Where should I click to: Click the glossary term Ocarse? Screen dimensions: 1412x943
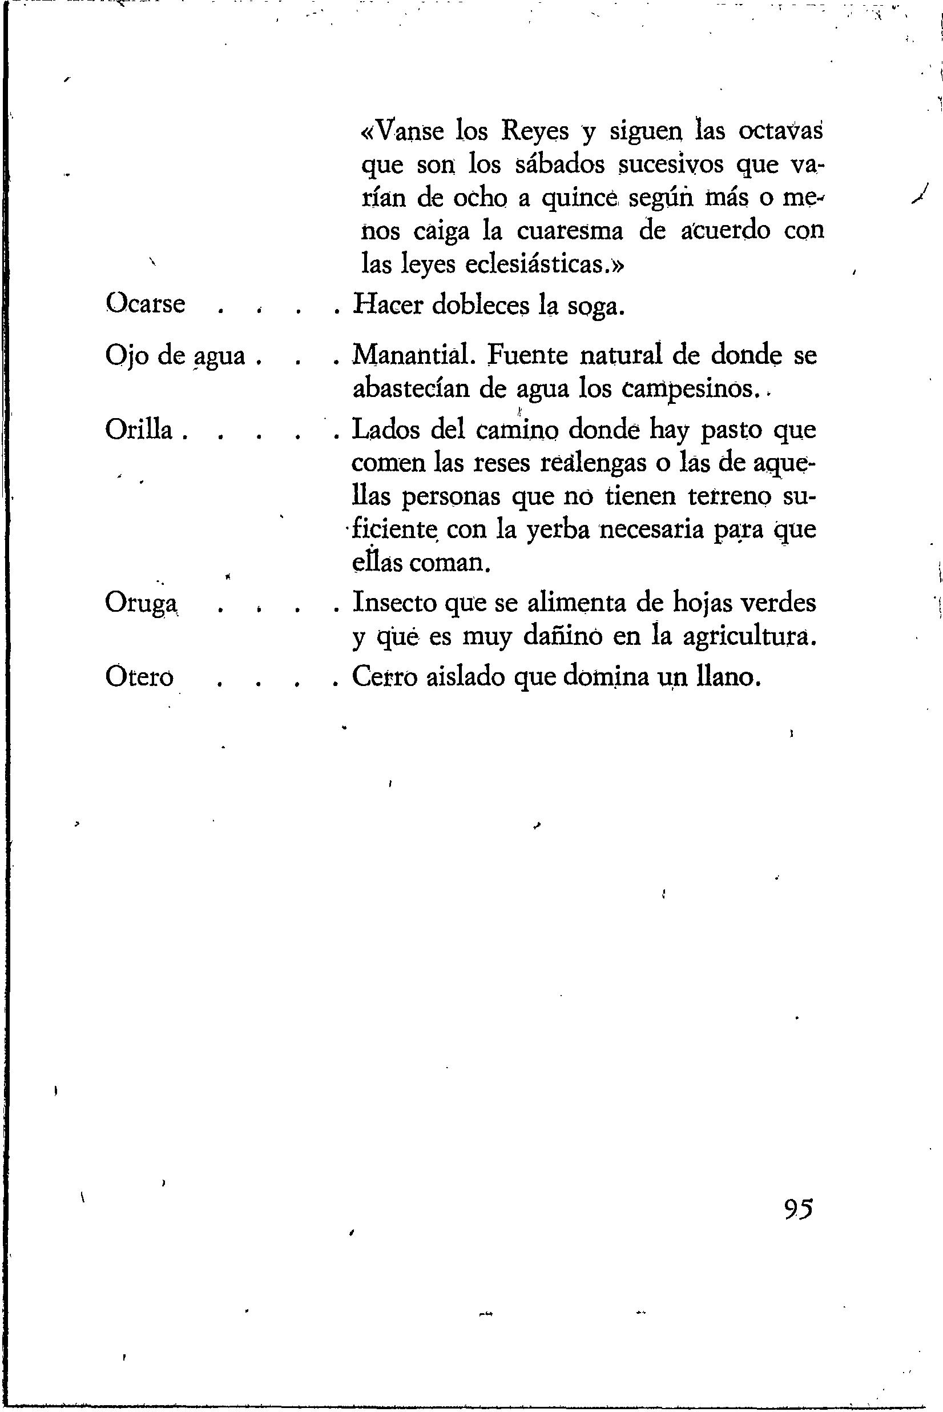coord(145,304)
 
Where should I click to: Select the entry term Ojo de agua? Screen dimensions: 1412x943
coord(176,356)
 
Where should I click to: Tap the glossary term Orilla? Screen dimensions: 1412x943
coord(139,430)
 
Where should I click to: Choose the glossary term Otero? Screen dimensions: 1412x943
coord(139,677)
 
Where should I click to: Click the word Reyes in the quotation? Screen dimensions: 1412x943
coord(535,132)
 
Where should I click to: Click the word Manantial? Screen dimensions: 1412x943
coord(414,356)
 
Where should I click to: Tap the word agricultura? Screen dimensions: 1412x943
coord(750,637)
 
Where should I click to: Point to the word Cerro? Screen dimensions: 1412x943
coord(384,677)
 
